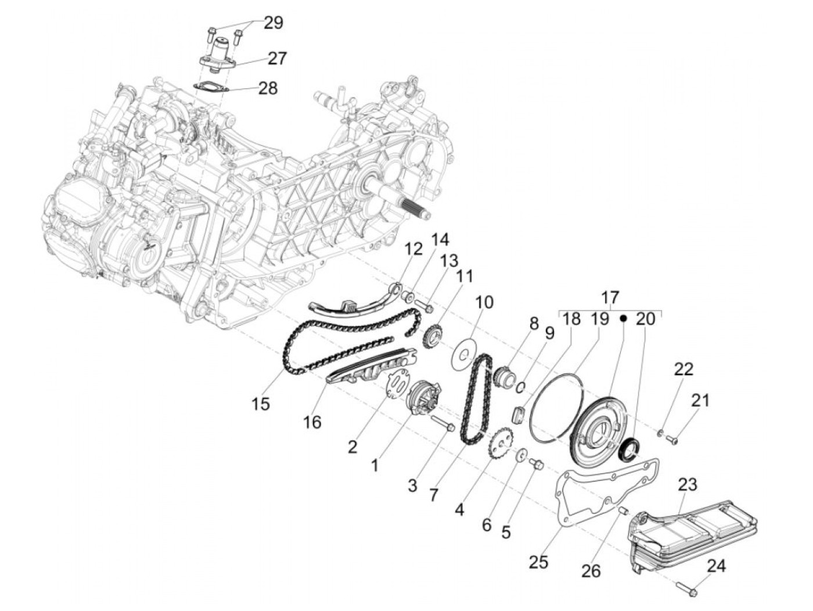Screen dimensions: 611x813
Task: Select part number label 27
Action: click(x=277, y=58)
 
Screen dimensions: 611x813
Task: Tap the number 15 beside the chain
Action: click(x=261, y=403)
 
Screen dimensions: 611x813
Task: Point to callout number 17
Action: click(x=610, y=298)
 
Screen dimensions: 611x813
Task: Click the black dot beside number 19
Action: click(x=623, y=318)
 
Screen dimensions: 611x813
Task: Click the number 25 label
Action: click(x=539, y=562)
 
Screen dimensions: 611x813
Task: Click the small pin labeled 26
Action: click(x=623, y=511)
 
